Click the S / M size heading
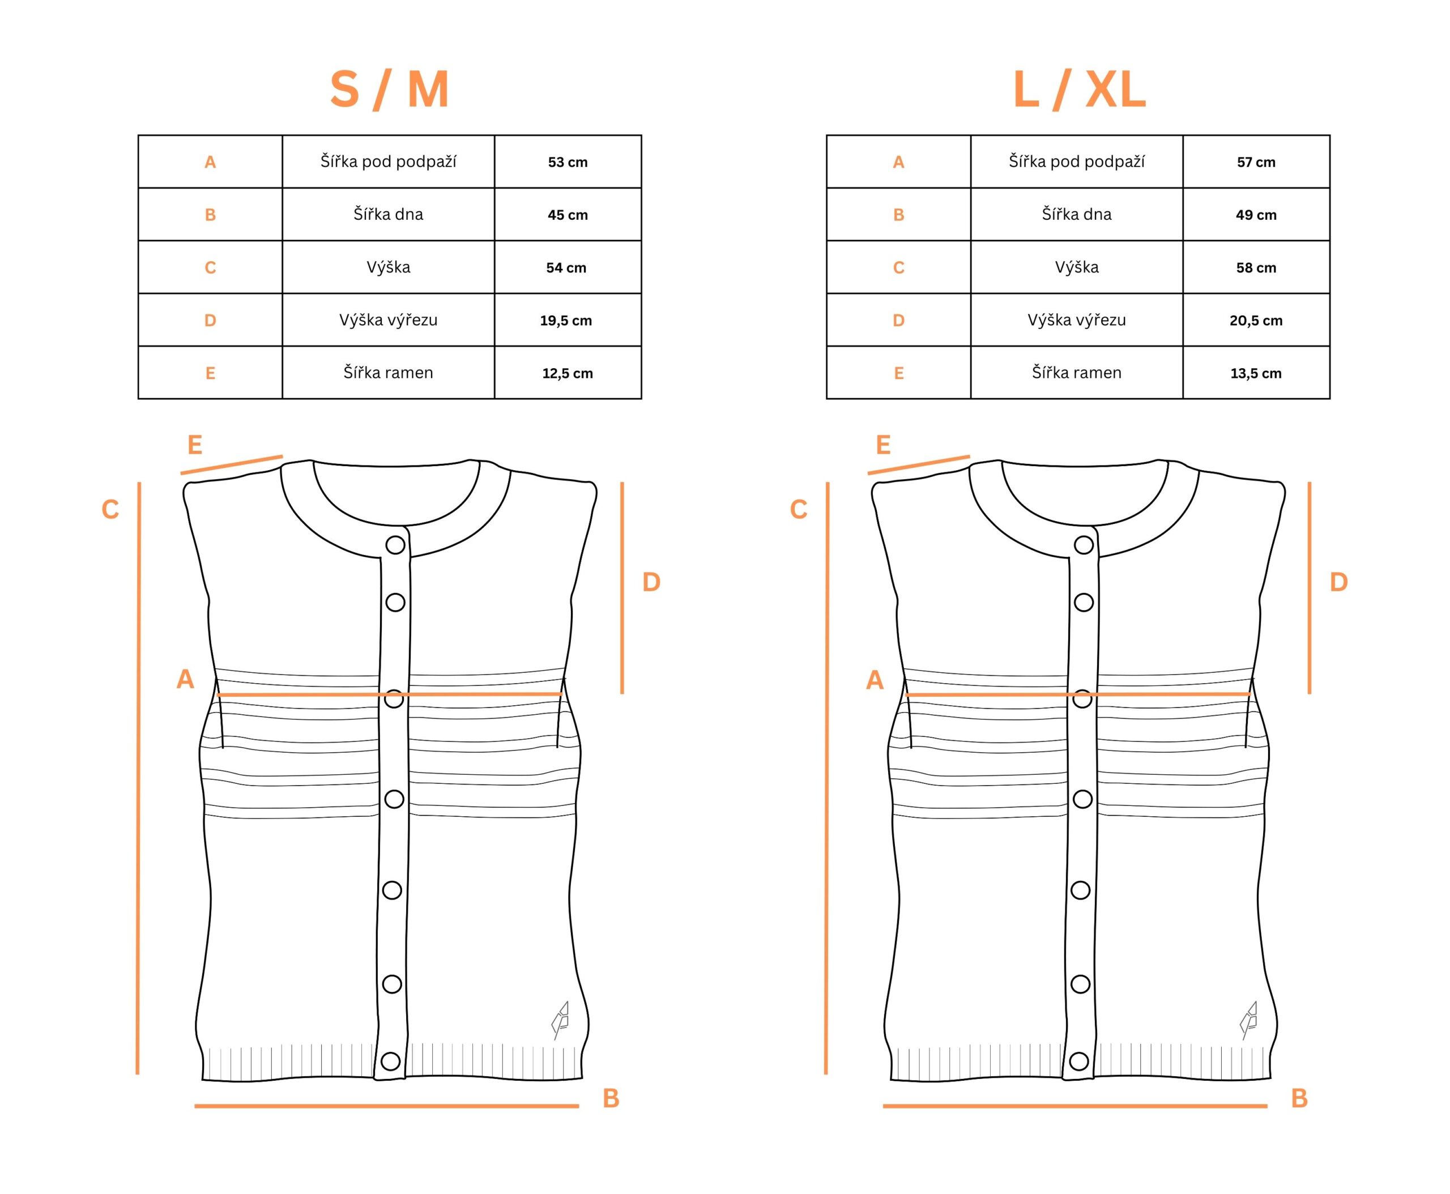click(x=389, y=89)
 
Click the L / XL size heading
click(x=1078, y=89)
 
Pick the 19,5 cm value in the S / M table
click(x=565, y=321)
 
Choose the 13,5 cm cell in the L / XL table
click(x=1256, y=373)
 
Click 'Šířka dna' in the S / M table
click(x=388, y=214)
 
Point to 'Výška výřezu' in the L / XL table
click(x=1077, y=320)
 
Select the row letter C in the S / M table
click(x=211, y=267)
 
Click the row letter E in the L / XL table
click(x=898, y=373)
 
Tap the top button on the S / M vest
click(x=395, y=545)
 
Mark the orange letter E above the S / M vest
click(x=195, y=445)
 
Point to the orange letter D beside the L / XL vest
click(x=1338, y=582)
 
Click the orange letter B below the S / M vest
click(x=611, y=1098)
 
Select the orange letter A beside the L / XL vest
click(x=875, y=680)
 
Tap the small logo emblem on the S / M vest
click(x=561, y=1020)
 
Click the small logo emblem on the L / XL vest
click(x=1249, y=1020)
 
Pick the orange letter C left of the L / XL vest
click(x=798, y=510)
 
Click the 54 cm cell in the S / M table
click(x=566, y=267)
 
